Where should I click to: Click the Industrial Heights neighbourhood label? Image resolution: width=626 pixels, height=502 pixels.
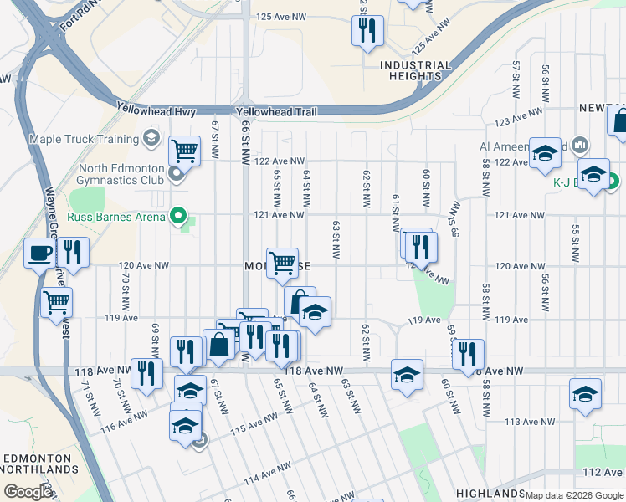pyautogui.click(x=415, y=70)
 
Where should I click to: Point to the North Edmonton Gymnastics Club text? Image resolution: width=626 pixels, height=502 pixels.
pyautogui.click(x=122, y=173)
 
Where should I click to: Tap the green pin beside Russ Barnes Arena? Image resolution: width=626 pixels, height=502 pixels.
pyautogui.click(x=177, y=217)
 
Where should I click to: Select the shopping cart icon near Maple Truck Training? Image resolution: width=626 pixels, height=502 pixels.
pyautogui.click(x=184, y=151)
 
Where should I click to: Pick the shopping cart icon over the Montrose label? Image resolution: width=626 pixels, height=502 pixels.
pyautogui.click(x=283, y=262)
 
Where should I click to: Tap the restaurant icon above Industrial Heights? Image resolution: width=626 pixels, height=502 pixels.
pyautogui.click(x=367, y=31)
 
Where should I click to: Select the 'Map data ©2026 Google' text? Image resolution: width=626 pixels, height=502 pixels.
pyautogui.click(x=574, y=495)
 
